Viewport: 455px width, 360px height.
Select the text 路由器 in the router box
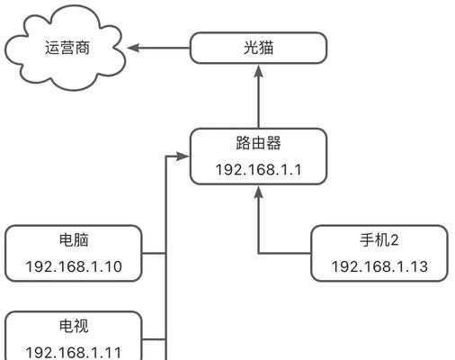[x=258, y=143]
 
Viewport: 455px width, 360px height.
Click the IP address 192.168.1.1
[x=258, y=170]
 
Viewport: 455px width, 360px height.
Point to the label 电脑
[x=74, y=240]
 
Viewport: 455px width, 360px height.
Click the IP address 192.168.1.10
[x=74, y=266]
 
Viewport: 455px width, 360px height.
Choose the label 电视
[x=74, y=326]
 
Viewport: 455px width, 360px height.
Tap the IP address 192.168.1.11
[x=74, y=353]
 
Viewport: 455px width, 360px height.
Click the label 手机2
[x=379, y=240]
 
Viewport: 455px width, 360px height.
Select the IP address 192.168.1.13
[x=379, y=266]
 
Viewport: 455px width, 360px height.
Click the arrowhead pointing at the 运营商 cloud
[x=133, y=48]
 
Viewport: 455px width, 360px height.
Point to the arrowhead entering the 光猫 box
[x=258, y=71]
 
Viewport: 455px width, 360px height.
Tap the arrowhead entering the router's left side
[x=183, y=157]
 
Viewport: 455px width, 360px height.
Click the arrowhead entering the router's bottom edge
[x=258, y=193]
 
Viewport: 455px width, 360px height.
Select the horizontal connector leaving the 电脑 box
[x=154, y=254]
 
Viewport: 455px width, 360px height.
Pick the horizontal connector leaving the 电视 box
[x=154, y=339]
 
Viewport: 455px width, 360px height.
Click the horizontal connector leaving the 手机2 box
[x=285, y=254]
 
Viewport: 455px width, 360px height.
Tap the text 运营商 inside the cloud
[x=67, y=48]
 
